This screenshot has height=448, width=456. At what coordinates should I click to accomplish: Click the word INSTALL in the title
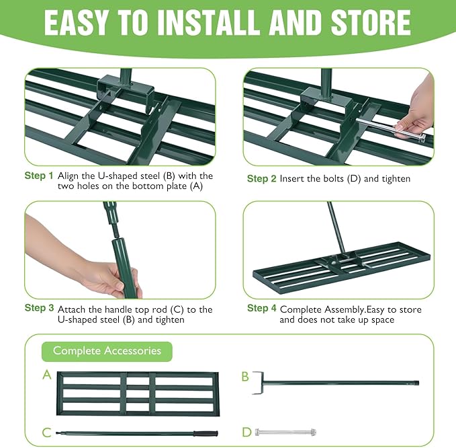195,22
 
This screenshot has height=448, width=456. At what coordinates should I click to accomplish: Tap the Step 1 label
39,176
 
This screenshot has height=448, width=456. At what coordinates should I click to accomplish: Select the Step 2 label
261,179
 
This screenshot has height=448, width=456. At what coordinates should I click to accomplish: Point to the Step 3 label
39,308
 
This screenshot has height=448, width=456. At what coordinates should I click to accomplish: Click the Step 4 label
261,308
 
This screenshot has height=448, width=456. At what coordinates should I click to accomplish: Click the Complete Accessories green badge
107,350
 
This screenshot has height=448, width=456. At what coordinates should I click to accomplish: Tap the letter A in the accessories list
46,375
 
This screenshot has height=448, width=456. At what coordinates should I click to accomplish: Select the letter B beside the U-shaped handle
245,377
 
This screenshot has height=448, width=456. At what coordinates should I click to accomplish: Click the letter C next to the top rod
46,432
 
